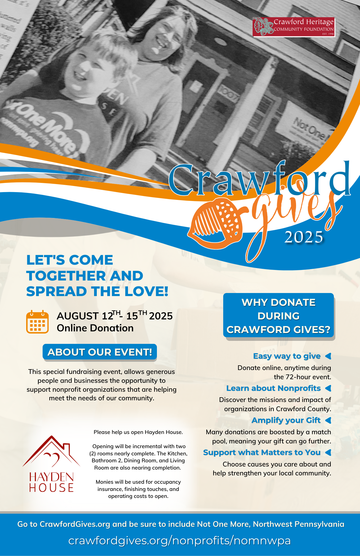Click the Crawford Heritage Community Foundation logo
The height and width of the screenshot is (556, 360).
pyautogui.click(x=294, y=27)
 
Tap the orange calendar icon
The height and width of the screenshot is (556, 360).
pyautogui.click(x=37, y=322)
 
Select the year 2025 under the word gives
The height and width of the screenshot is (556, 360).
pyautogui.click(x=304, y=237)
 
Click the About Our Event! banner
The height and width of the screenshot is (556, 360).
pyautogui.click(x=100, y=352)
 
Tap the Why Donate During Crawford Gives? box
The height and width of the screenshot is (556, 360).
pyautogui.click(x=278, y=316)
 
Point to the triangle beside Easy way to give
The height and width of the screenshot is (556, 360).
pyautogui.click(x=328, y=356)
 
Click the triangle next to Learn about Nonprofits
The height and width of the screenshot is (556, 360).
pyautogui.click(x=328, y=388)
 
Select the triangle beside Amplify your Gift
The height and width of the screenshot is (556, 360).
pyautogui.click(x=328, y=420)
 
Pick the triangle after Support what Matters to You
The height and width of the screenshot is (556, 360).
pyautogui.click(x=328, y=453)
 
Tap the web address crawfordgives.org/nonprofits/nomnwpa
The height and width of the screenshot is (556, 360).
pyautogui.click(x=179, y=541)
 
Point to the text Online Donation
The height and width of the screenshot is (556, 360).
pyautogui.click(x=95, y=328)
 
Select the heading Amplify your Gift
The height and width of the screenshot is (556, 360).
pyautogui.click(x=286, y=420)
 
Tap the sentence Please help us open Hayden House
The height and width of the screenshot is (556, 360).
pyautogui.click(x=138, y=432)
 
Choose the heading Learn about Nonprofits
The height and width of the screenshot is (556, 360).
pyautogui.click(x=273, y=388)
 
